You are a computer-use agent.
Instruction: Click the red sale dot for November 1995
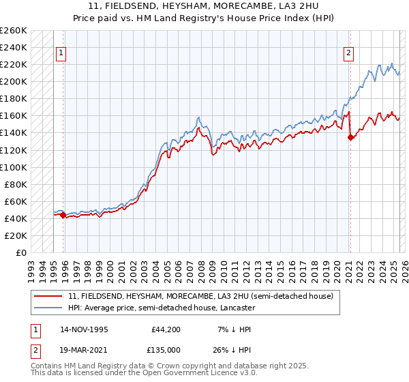coord(63,215)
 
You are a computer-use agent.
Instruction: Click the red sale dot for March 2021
coord(350,137)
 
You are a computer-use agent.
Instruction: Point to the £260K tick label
coord(14,31)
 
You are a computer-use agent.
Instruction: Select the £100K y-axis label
coord(14,167)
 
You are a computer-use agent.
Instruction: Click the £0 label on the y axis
coord(20,252)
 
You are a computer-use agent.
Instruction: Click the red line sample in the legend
coord(48,296)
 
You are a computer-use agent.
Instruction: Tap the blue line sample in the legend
coord(48,308)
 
